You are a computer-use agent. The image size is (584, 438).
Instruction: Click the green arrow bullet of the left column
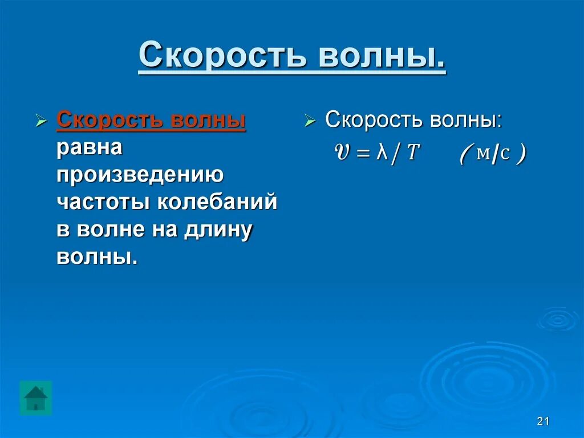40,122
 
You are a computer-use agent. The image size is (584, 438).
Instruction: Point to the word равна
90,148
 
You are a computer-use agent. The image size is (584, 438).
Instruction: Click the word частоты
103,202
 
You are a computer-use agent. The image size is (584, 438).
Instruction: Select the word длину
217,230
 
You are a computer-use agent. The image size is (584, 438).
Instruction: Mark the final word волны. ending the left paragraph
97,256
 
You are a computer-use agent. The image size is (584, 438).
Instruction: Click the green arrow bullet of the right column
310,121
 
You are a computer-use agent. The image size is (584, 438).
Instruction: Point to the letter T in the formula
413,154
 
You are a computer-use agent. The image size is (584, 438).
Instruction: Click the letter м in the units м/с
482,154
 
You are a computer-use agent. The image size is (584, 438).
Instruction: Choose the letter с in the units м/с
505,154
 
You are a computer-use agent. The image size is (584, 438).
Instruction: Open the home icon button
36,397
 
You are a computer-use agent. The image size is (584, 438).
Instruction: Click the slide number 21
542,421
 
